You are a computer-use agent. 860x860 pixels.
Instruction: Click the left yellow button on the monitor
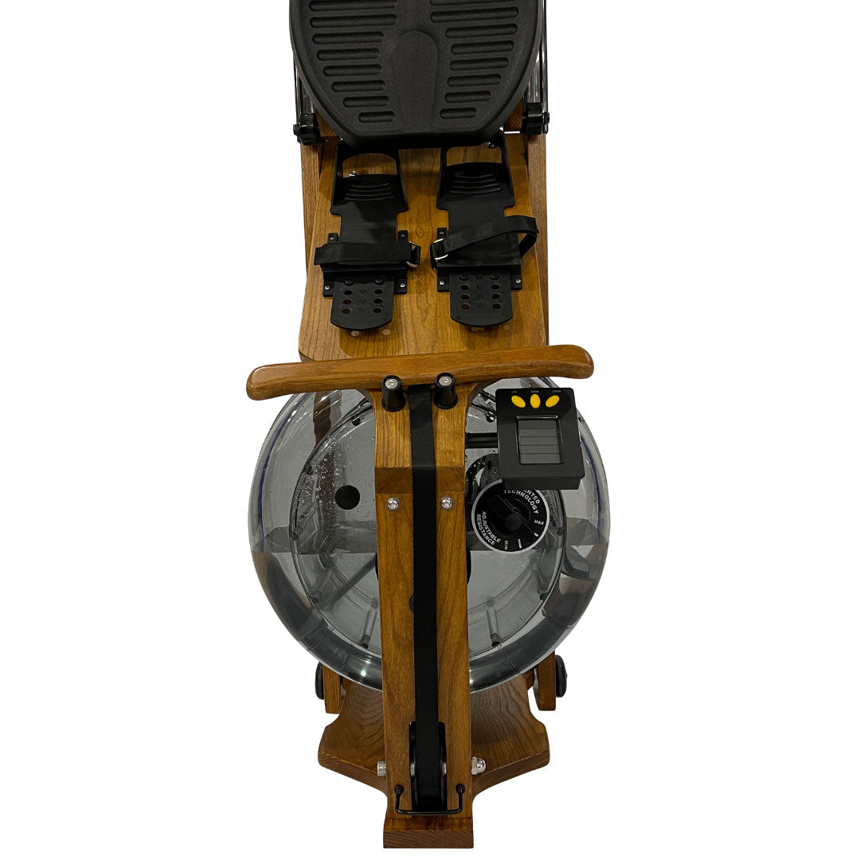(518, 402)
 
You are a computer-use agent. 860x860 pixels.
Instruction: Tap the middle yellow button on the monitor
(535, 401)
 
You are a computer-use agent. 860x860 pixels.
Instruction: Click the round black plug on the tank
(347, 497)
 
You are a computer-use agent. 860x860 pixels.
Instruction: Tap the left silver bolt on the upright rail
(393, 503)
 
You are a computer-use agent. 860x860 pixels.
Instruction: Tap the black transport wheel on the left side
(320, 681)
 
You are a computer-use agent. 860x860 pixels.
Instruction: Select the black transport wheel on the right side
(561, 675)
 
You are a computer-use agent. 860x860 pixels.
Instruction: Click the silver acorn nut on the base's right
(478, 765)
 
